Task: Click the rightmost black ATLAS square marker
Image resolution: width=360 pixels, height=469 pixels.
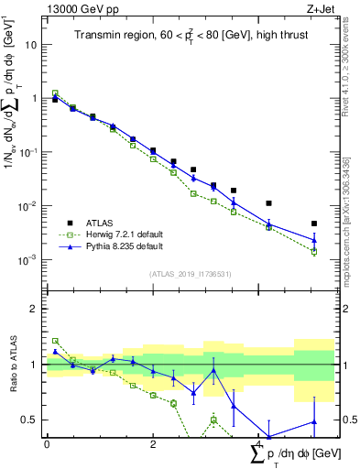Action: pos(314,224)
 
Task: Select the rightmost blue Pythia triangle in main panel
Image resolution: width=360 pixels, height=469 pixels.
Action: pos(314,241)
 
